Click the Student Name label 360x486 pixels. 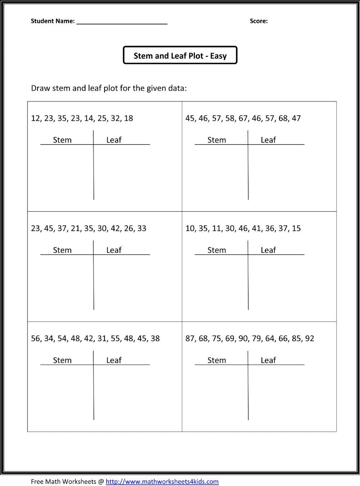(x=53, y=21)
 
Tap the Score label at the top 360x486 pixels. (x=258, y=21)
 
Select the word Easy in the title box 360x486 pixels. (x=218, y=56)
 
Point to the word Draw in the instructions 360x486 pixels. (x=40, y=88)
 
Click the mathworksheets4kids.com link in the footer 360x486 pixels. (x=162, y=481)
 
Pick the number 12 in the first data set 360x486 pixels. (x=36, y=118)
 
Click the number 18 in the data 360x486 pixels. (x=129, y=118)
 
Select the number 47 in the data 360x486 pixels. (x=296, y=118)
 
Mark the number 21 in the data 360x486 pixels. (x=75, y=228)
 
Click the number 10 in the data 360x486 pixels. (x=190, y=228)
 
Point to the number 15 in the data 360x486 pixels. (x=296, y=228)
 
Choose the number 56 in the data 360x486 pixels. (x=36, y=339)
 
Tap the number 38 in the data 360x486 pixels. (x=155, y=339)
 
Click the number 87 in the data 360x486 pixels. (x=190, y=339)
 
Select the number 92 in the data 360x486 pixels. (x=310, y=339)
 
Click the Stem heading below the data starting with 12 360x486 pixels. (x=62, y=140)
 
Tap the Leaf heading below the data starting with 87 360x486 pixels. (x=268, y=360)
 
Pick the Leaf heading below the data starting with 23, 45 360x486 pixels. (x=114, y=250)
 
